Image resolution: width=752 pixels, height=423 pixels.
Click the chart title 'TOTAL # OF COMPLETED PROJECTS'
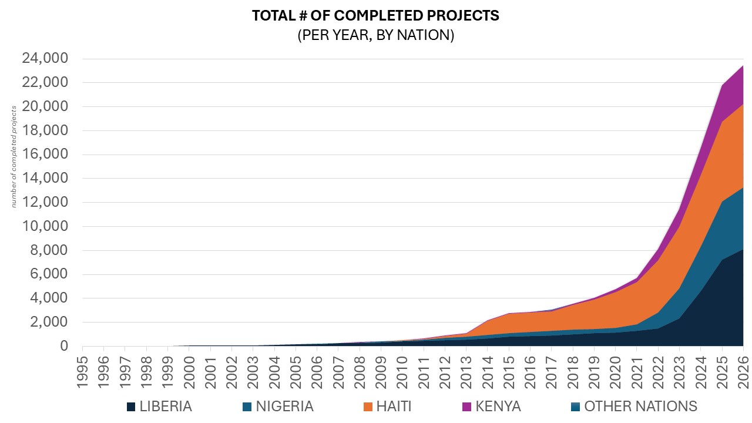tap(375, 16)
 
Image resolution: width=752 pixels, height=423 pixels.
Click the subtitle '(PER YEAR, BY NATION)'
tap(375, 35)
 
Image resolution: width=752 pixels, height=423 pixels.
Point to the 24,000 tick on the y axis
tap(45, 59)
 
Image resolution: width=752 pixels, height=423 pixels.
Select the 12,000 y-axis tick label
tap(45, 203)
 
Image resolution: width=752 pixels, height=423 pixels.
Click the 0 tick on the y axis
tap(65, 347)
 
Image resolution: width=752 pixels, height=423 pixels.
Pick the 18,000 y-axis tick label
tap(45, 130)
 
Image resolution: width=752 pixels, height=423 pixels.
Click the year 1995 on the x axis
tap(83, 368)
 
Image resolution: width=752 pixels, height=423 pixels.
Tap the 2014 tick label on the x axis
tap(488, 368)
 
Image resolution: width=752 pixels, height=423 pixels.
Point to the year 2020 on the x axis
tap(616, 368)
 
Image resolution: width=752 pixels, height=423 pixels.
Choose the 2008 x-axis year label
tap(360, 368)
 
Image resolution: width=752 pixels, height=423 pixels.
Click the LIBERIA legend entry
tap(159, 407)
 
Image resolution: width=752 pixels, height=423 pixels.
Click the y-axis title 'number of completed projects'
tap(14, 156)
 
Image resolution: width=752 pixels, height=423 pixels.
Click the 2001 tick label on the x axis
tap(211, 368)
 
